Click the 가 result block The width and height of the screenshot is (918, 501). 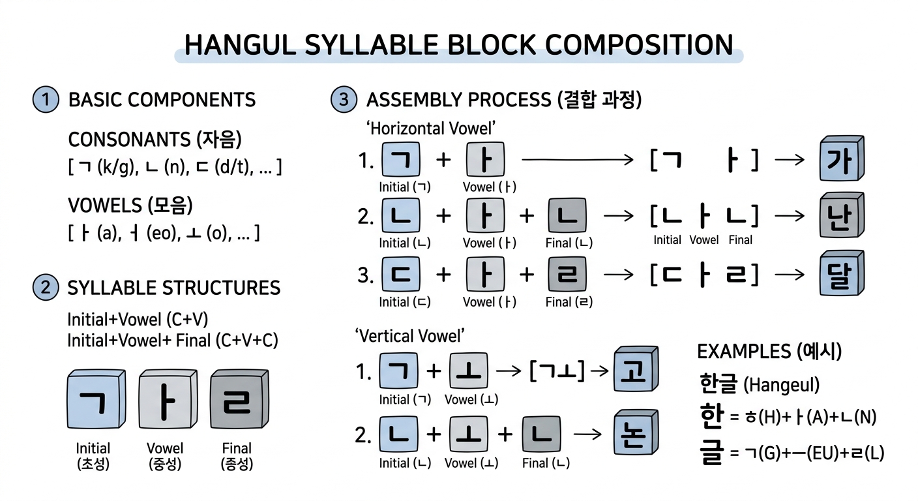click(x=842, y=160)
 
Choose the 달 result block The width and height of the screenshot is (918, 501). click(x=842, y=274)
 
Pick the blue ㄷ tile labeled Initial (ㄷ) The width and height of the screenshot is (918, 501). click(x=400, y=275)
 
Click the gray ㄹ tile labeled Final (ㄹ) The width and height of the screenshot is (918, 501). click(x=567, y=275)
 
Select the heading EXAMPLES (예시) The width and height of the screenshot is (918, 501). click(x=769, y=352)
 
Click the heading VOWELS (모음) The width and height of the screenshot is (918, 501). click(x=130, y=205)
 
